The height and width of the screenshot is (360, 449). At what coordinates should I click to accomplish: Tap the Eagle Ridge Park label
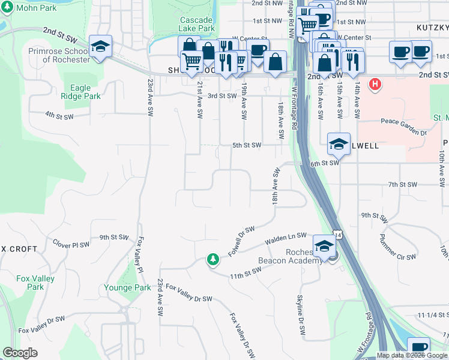click(85, 92)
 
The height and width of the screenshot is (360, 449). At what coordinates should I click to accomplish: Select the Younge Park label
click(127, 287)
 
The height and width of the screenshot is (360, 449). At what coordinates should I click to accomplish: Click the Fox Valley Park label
click(35, 283)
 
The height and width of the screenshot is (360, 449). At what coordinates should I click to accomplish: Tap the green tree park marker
click(212, 259)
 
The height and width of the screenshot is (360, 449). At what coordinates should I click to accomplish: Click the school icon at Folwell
click(339, 144)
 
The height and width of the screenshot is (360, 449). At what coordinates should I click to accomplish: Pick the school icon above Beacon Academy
click(324, 245)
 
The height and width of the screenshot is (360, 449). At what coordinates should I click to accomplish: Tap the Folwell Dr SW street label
click(242, 241)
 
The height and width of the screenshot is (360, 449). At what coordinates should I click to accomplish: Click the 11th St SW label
click(246, 273)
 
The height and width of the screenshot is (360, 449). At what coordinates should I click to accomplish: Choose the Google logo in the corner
click(20, 353)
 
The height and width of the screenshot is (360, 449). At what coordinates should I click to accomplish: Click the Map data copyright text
click(412, 356)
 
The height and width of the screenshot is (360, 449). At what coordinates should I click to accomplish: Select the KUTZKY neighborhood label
click(431, 28)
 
